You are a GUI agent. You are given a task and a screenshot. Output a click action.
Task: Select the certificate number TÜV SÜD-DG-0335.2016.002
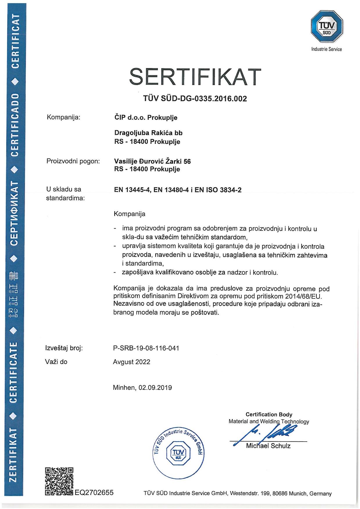[195, 99]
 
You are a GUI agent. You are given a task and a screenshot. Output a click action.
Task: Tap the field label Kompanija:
[63, 117]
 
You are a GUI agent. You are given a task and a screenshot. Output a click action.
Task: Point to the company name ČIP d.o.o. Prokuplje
[146, 117]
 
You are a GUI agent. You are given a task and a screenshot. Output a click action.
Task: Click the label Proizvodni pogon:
[73, 161]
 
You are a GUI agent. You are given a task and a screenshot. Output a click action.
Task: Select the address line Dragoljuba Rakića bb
[148, 133]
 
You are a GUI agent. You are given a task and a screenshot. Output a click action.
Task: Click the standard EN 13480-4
[170, 190]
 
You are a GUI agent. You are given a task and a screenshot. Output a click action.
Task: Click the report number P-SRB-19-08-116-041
[146, 348]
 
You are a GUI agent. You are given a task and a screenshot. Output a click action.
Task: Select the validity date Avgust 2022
[132, 362]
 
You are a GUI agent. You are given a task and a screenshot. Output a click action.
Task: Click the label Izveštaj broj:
[64, 348]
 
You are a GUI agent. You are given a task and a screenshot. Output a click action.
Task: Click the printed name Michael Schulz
[268, 446]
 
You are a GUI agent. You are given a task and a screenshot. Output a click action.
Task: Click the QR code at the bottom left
[59, 481]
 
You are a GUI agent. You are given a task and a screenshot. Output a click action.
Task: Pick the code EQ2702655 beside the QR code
[94, 492]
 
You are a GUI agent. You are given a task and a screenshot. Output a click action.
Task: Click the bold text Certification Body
[269, 414]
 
